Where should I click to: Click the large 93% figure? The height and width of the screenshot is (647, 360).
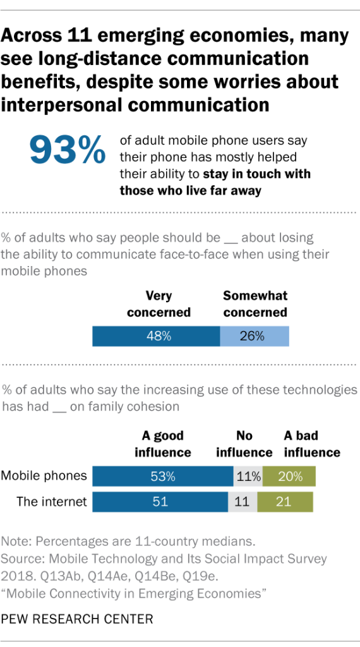click(x=67, y=150)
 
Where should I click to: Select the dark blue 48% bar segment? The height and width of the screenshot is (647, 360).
click(x=156, y=336)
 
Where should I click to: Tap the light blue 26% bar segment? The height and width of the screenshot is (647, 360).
click(x=254, y=336)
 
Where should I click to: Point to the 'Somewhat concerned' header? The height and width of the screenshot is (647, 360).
click(x=255, y=303)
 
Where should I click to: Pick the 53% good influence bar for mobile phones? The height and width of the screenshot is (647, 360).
click(x=163, y=476)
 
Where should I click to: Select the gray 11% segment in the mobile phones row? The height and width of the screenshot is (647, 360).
click(x=248, y=476)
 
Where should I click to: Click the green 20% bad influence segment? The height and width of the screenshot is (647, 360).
click(x=289, y=476)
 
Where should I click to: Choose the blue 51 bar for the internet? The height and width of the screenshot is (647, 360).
click(x=160, y=502)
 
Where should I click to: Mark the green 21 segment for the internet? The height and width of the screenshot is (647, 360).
click(x=285, y=502)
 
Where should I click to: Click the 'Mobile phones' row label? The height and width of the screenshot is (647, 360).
click(x=43, y=476)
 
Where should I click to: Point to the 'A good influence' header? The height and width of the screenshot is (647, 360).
click(x=162, y=444)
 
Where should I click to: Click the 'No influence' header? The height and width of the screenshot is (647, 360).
click(x=244, y=444)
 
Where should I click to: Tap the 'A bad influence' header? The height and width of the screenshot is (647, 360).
click(x=311, y=444)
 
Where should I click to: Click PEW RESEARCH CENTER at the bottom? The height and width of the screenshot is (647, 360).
click(x=77, y=619)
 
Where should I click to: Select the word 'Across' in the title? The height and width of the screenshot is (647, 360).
click(x=30, y=36)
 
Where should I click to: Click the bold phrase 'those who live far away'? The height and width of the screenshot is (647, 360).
click(x=190, y=190)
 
